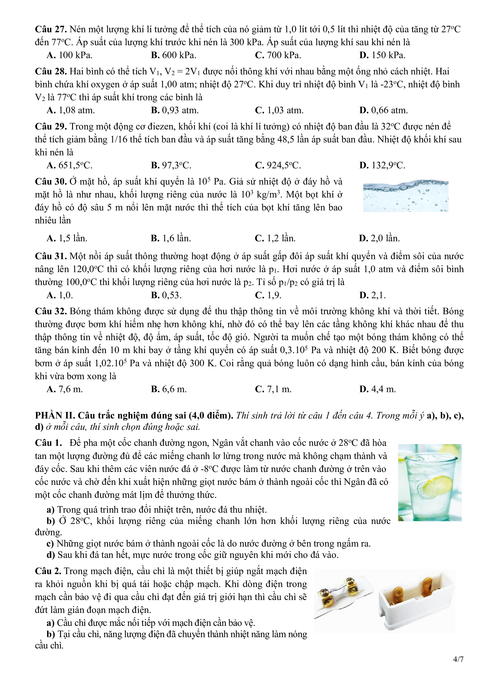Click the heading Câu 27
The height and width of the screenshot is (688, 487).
[x=51, y=29]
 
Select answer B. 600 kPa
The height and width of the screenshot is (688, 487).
[x=173, y=55]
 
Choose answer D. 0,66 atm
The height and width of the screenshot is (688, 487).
[x=383, y=110]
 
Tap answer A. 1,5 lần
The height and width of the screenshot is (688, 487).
[x=67, y=238]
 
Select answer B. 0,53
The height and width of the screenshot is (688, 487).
[x=166, y=295]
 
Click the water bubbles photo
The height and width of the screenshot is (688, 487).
[x=405, y=196]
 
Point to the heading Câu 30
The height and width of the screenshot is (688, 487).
[x=51, y=181]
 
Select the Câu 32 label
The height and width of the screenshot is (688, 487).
[x=51, y=311]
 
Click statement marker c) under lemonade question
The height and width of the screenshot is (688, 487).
[x=50, y=543]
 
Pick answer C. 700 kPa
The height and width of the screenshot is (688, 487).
[x=278, y=55]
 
